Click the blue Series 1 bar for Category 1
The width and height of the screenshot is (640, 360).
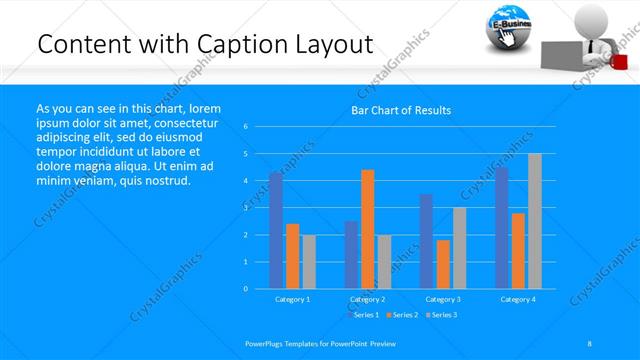click(x=276, y=230)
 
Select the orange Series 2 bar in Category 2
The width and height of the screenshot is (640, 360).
click(x=367, y=229)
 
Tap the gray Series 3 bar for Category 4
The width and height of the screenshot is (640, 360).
click(x=534, y=221)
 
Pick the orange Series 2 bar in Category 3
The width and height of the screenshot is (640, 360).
click(x=443, y=264)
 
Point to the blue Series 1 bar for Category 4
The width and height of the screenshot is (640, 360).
click(x=501, y=228)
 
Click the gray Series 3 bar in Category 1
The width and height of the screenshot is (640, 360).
click(x=309, y=262)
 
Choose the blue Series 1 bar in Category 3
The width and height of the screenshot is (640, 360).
click(x=426, y=241)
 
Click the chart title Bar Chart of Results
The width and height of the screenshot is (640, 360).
click(x=400, y=110)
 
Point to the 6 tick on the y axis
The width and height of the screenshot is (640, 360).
click(x=246, y=127)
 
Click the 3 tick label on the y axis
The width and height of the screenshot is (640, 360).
click(x=246, y=208)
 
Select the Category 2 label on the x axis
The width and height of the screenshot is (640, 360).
click(x=367, y=299)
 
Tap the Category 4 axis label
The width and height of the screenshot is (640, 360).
click(x=517, y=299)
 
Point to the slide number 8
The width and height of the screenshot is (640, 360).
click(x=590, y=343)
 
